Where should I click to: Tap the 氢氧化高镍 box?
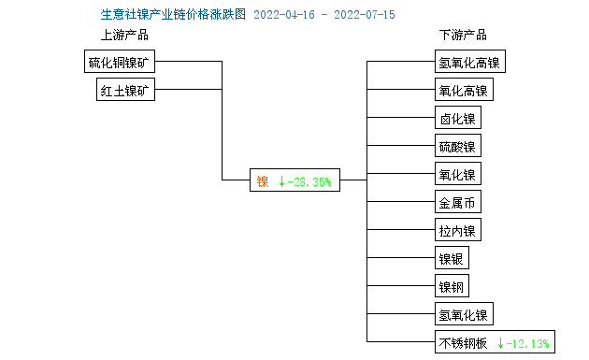click(x=469, y=63)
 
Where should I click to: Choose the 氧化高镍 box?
click(x=463, y=91)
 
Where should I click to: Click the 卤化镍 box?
click(x=457, y=119)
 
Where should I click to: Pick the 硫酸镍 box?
click(x=457, y=147)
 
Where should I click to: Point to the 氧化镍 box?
click(x=457, y=174)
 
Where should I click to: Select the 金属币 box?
click(x=457, y=202)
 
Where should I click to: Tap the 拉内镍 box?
click(x=457, y=230)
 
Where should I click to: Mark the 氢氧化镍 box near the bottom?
click(x=463, y=314)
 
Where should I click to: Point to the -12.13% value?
click(x=529, y=342)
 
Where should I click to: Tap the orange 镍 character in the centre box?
click(x=263, y=181)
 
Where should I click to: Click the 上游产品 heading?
click(x=124, y=36)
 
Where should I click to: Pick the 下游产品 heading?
click(x=463, y=36)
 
